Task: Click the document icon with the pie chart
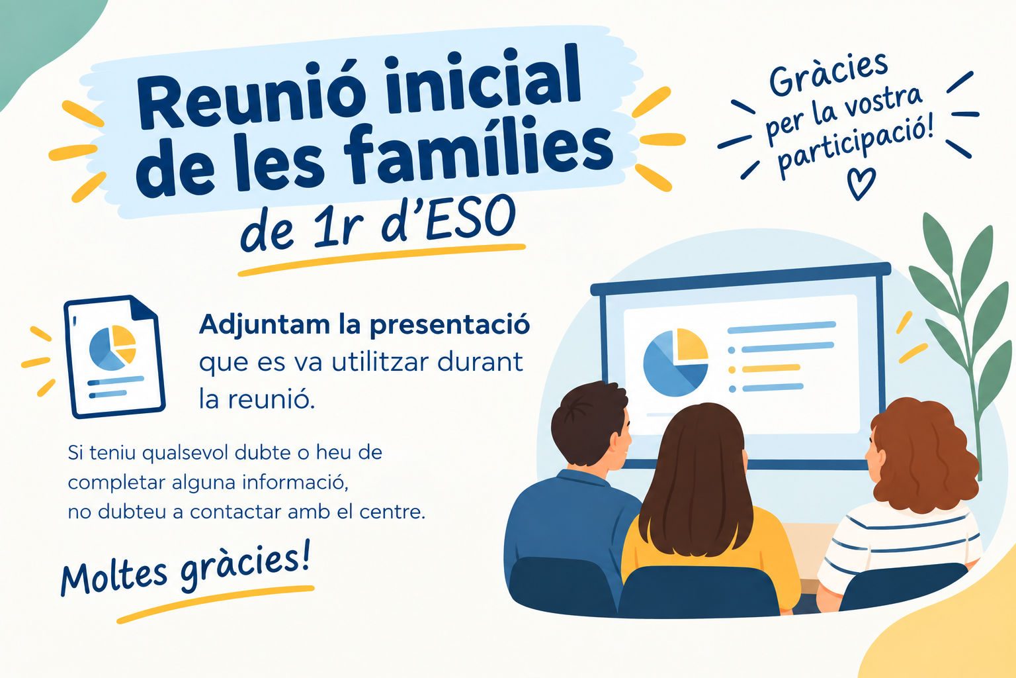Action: [114, 356]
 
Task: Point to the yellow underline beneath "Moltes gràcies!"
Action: [216, 603]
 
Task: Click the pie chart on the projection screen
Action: [675, 362]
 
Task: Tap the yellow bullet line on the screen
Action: [771, 368]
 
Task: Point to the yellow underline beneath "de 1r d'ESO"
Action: [382, 260]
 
